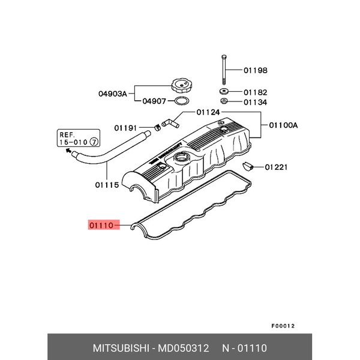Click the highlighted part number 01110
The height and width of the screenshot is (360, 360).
pos(101,226)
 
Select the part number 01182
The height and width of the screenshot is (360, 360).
pos(256,93)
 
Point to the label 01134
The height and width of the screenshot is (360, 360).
pos(256,103)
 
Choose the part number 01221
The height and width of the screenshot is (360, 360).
pos(277,167)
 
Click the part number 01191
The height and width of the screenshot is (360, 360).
pos(127,127)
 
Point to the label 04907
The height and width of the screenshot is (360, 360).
pos(155,101)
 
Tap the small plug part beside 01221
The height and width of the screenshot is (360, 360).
pos(247,166)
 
